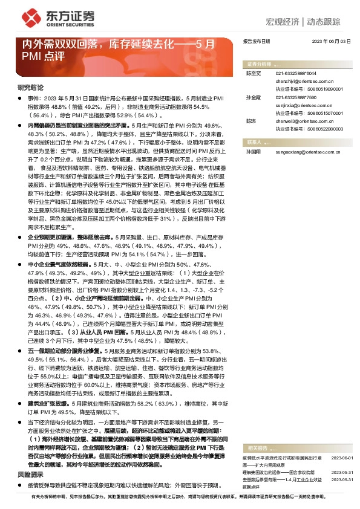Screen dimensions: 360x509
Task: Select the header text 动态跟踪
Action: [327, 21]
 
